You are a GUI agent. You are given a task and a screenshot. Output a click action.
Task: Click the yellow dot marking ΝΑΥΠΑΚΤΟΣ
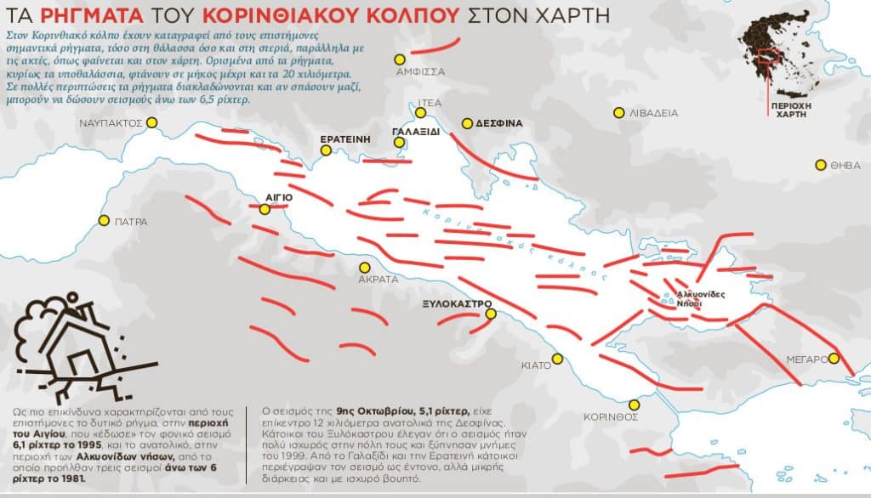[152, 122]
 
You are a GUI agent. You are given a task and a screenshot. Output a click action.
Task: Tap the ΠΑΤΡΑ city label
[131, 222]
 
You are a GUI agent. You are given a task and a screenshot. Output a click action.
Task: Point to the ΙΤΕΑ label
[429, 102]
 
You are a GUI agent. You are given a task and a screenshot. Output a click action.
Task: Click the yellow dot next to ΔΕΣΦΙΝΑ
[466, 123]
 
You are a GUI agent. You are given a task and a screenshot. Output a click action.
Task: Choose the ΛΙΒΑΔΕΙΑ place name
[653, 112]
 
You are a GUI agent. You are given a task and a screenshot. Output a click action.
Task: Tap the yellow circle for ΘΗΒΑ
[821, 165]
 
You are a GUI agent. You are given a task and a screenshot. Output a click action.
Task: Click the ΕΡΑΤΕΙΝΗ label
[345, 139]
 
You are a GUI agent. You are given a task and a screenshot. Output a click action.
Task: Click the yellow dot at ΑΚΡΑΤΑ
[365, 267]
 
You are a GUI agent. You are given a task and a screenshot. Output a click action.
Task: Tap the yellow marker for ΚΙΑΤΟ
[558, 359]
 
